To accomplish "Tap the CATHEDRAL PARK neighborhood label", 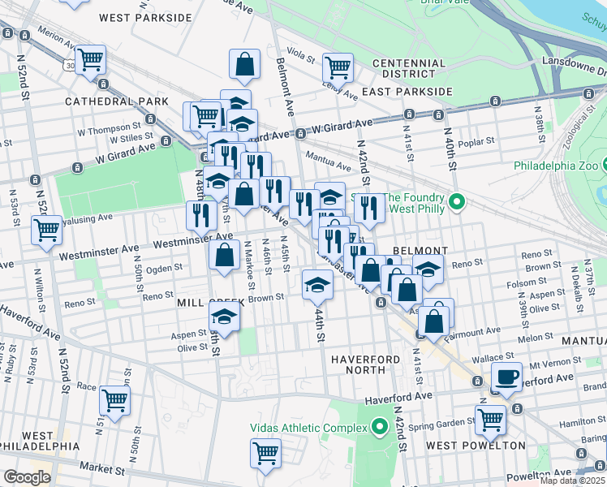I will pyautogui.click(x=117, y=101).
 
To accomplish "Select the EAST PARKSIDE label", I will pyautogui.click(x=407, y=92).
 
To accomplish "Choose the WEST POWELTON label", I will pyautogui.click(x=476, y=446).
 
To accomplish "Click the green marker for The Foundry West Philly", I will pyautogui.click(x=456, y=201).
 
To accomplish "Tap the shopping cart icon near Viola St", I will pyautogui.click(x=338, y=67).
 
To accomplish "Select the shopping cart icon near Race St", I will pyautogui.click(x=114, y=399).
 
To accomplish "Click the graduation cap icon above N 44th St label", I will pyautogui.click(x=316, y=283).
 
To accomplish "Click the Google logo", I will pyautogui.click(x=27, y=477).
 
